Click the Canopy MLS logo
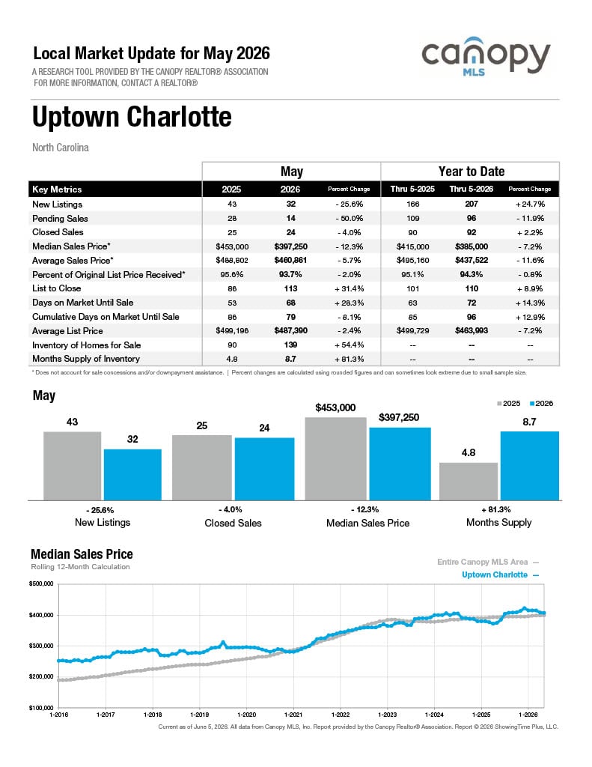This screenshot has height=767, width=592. tap(486, 56)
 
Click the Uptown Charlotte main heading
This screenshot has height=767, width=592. tap(132, 116)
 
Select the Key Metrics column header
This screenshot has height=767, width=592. tap(57, 190)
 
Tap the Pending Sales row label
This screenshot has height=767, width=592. tap(60, 218)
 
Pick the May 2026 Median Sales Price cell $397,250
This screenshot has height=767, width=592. tap(291, 246)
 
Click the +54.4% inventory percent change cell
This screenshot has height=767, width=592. tap(349, 345)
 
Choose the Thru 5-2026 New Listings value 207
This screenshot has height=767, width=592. tap(472, 204)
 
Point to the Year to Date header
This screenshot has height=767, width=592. tap(472, 172)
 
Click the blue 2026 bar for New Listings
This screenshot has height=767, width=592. tap(132, 474)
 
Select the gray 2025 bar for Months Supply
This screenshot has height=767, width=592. tap(469, 482)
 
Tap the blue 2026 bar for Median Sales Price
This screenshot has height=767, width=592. tap(400, 464)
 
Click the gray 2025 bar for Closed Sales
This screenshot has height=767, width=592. tap(202, 467)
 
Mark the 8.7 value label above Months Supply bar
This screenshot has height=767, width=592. tap(529, 422)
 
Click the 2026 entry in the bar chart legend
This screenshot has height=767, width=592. tap(541, 404)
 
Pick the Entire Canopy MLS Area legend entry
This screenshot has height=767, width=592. tap(488, 562)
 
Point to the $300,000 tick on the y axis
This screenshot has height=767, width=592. tap(41, 646)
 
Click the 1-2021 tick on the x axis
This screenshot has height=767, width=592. tap(293, 715)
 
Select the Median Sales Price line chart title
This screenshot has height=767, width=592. tap(82, 554)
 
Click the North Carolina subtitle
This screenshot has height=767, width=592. tap(61, 148)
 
